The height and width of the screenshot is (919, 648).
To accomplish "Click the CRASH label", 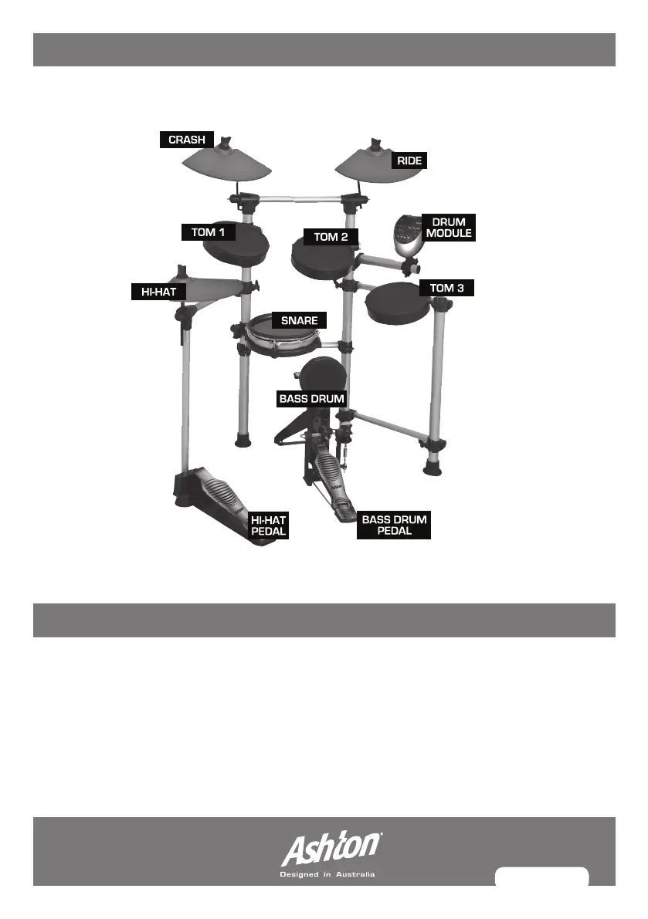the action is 186,140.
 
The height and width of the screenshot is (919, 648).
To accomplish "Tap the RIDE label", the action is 409,160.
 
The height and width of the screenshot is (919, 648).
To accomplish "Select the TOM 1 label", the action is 208,231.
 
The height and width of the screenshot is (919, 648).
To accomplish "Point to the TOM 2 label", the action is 331,237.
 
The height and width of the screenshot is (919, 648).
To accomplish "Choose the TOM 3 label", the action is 446,288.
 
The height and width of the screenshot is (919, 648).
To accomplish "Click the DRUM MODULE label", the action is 449,228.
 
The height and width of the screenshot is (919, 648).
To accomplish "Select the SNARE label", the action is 300,319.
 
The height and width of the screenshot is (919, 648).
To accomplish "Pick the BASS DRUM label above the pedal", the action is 311,399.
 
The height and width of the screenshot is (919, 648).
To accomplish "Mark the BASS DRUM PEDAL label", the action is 394,525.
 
